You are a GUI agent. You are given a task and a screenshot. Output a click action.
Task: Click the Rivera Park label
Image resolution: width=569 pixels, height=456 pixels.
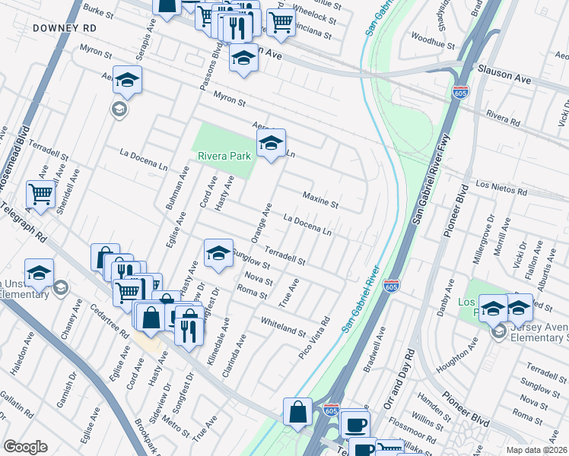coord(224,156)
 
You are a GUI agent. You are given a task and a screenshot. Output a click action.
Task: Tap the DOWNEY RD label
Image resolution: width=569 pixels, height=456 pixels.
coord(65,27)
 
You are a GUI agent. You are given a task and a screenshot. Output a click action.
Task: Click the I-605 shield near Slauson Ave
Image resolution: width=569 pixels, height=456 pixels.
coord(460,93)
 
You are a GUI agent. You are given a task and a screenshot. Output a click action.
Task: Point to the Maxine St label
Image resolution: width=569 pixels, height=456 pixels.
coord(319,200)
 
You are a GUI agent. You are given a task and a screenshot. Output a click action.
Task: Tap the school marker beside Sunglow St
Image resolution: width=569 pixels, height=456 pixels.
coord(218,252)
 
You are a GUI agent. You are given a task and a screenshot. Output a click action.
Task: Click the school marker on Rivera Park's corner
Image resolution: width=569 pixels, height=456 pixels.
coord(271,142)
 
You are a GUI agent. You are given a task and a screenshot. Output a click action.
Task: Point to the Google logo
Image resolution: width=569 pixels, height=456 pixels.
coord(25,447)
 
